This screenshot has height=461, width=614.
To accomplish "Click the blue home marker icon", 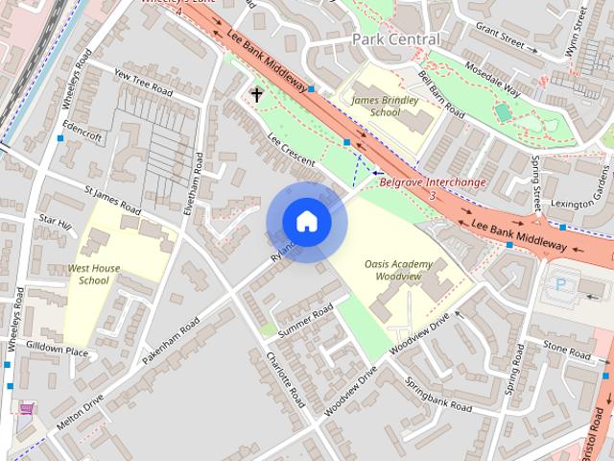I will coord(306,222).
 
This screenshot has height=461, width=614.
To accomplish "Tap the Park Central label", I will coord(396,39).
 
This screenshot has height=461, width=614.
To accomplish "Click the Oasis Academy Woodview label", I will coord(399,270).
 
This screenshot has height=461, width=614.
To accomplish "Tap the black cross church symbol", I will coord(256,94).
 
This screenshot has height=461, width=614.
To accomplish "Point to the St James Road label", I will coord(112,202).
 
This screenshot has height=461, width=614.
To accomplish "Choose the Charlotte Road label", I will coord(285,379).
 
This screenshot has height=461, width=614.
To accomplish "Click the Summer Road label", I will coord(304,320).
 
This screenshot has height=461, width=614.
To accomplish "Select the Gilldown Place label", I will coord(57,351).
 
